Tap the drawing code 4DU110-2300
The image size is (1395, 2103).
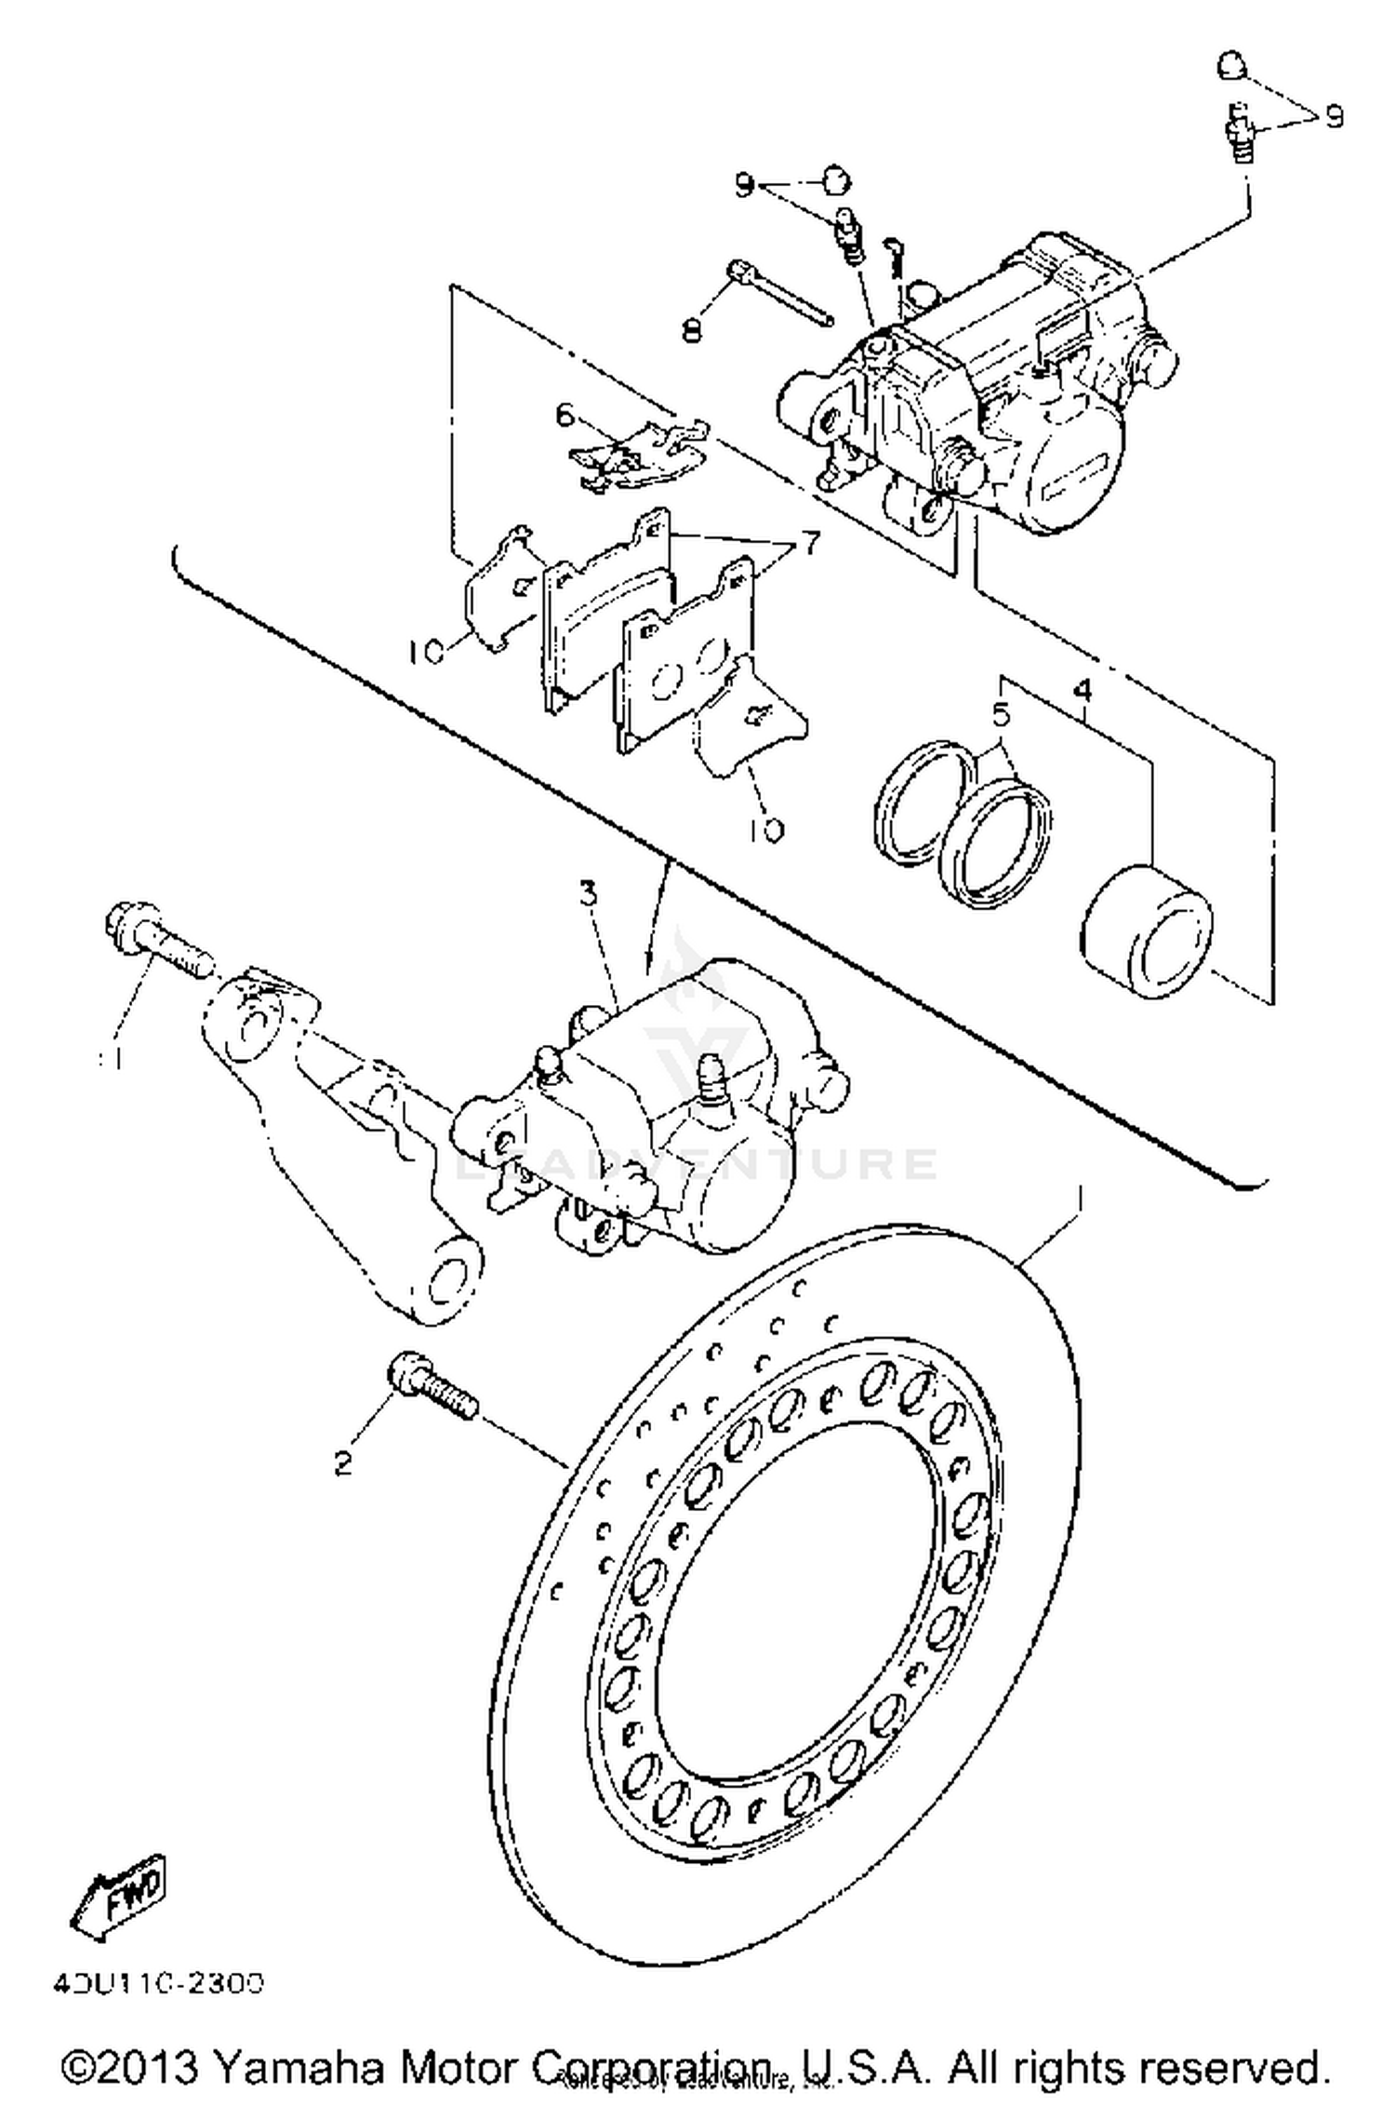pos(158,1983)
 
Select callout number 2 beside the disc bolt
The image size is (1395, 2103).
pos(343,1463)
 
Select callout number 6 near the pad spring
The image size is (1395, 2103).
pos(565,415)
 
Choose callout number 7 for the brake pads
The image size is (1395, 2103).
pos(810,543)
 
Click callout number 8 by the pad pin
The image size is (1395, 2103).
pos(692,328)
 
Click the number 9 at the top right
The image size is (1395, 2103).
pos(1334,117)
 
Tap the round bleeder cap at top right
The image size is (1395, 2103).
pos(1231,66)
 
